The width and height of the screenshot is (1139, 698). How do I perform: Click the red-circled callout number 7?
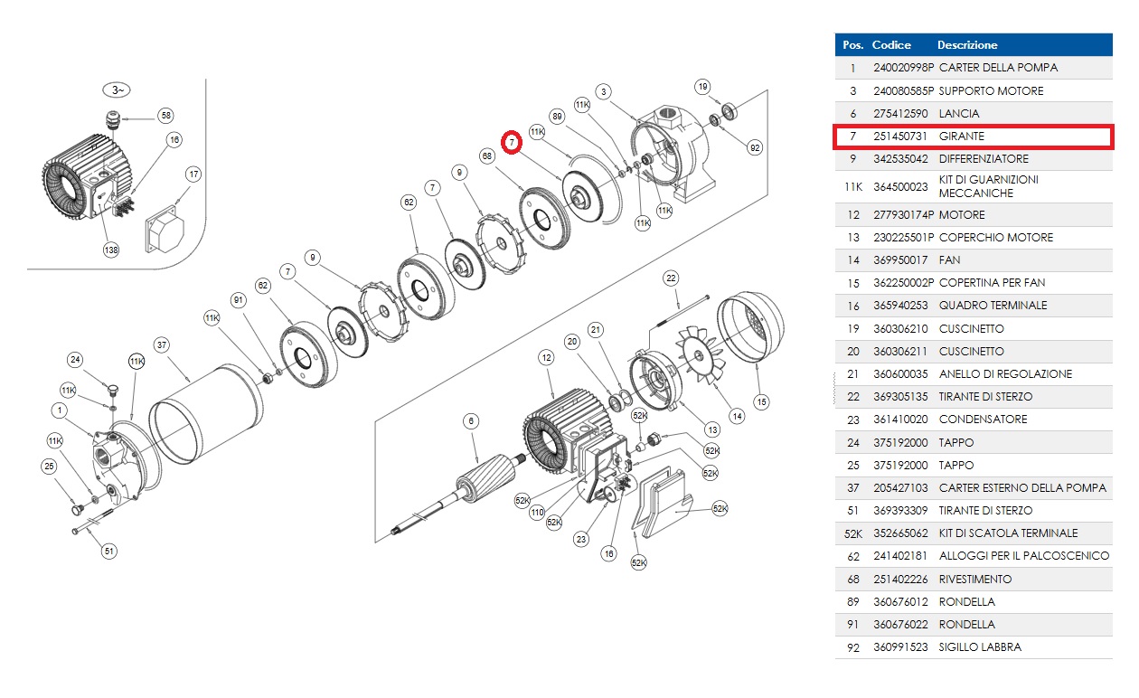click(x=512, y=142)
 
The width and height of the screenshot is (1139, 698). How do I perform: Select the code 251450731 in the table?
click(x=900, y=137)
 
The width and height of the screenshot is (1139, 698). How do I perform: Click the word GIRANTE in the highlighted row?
click(x=962, y=137)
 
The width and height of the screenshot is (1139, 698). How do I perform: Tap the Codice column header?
click(x=891, y=44)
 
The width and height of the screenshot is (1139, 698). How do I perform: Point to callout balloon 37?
click(x=162, y=344)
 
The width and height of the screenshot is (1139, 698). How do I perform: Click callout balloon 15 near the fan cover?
click(x=761, y=401)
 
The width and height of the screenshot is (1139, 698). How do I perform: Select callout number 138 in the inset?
click(x=111, y=250)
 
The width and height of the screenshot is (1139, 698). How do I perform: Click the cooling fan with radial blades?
click(x=703, y=355)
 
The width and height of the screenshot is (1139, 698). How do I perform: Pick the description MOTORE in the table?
click(x=962, y=215)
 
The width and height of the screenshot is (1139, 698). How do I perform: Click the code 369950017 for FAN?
click(x=900, y=260)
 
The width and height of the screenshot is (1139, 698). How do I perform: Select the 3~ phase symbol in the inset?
click(x=117, y=90)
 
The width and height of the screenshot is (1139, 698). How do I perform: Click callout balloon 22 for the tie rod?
click(x=671, y=277)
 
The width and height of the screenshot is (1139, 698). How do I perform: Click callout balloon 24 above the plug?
click(x=76, y=360)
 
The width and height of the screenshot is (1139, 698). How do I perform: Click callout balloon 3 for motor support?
click(x=604, y=91)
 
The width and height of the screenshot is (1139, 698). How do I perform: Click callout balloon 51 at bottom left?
click(x=109, y=550)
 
